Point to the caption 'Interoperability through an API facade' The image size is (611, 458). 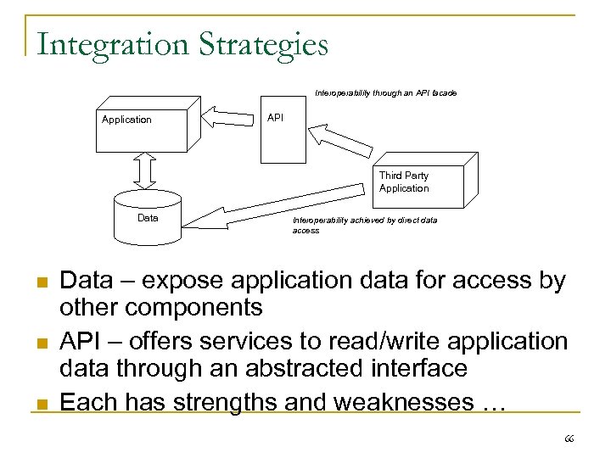click(385, 92)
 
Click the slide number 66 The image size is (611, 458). click(569, 438)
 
